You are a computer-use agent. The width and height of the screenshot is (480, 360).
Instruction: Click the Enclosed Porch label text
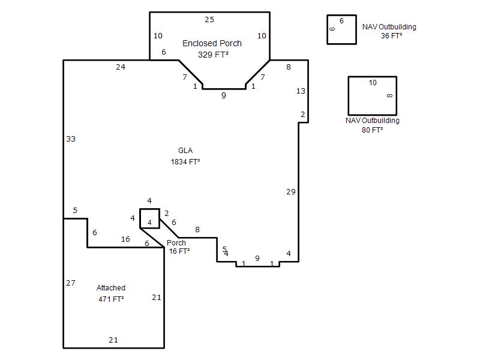click(x=212, y=43)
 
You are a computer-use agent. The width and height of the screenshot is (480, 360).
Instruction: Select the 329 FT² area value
click(x=213, y=55)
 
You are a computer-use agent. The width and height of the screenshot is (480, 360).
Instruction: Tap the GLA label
click(x=185, y=151)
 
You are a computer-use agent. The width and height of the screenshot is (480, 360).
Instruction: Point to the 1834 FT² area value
click(x=185, y=161)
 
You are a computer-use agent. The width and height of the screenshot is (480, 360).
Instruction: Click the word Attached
click(x=111, y=288)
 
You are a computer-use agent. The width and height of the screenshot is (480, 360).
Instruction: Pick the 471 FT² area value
click(x=111, y=299)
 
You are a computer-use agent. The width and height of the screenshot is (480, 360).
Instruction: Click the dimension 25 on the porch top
click(x=209, y=20)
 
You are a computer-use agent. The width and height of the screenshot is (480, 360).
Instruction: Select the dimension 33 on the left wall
click(x=71, y=139)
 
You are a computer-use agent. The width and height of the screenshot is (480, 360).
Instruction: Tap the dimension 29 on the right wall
click(x=291, y=192)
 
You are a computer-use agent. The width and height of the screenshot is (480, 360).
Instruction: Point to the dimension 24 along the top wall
click(x=121, y=67)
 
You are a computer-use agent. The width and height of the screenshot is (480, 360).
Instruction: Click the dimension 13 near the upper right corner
click(x=301, y=91)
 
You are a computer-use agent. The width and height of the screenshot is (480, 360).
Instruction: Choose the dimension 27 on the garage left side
click(x=71, y=283)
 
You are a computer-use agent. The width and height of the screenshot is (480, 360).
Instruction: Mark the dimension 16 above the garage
click(x=125, y=239)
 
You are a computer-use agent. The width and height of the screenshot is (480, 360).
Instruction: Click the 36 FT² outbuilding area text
click(x=392, y=36)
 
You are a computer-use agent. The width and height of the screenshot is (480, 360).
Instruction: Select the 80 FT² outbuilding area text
click(x=372, y=130)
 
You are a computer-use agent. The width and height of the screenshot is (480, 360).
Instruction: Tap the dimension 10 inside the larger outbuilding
click(x=373, y=83)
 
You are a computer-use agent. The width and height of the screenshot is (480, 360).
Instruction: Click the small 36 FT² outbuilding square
click(x=327, y=29)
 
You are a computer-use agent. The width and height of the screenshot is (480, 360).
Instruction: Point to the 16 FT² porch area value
click(x=179, y=251)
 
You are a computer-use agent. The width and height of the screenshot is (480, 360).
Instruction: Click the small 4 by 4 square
click(x=140, y=218)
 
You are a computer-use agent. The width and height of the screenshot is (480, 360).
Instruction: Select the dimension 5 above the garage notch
click(x=75, y=211)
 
